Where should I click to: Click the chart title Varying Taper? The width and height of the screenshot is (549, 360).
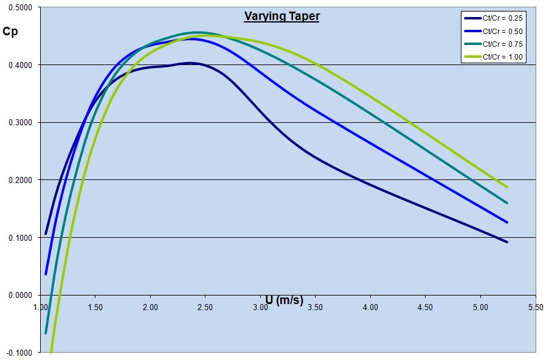point(281,16)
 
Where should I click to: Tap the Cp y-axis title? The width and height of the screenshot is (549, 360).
point(12,31)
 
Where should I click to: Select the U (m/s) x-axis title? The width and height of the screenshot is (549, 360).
point(284,300)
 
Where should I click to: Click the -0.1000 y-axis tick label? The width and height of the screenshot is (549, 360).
point(20,353)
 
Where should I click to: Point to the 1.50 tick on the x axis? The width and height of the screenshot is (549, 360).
point(95,307)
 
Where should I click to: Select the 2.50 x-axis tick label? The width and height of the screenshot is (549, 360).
point(205,307)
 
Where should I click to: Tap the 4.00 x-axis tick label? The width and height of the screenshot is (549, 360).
point(370,307)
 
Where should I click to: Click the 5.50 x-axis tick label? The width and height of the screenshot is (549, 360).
point(535,307)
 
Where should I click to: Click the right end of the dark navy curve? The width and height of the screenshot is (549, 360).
point(507,242)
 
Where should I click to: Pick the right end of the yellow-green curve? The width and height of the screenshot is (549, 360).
point(507,187)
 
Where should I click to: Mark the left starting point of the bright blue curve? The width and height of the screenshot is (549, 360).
point(46,274)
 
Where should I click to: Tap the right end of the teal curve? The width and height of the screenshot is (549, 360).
point(507,203)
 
